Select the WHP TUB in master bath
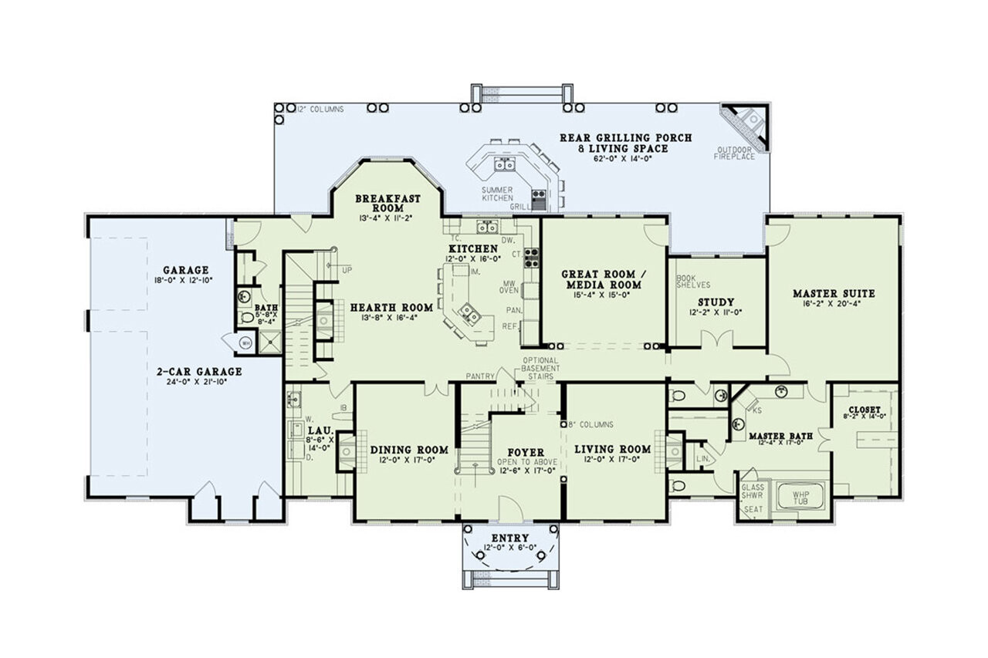coord(800,496)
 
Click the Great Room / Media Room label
coord(598,279)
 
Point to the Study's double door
coord(716,339)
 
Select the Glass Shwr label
coord(752,492)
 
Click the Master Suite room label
coord(834,293)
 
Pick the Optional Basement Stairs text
coord(546,368)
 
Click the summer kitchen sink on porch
coord(506,164)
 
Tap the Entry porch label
coord(509,538)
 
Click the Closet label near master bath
coord(864,410)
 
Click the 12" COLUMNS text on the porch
coord(320,110)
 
